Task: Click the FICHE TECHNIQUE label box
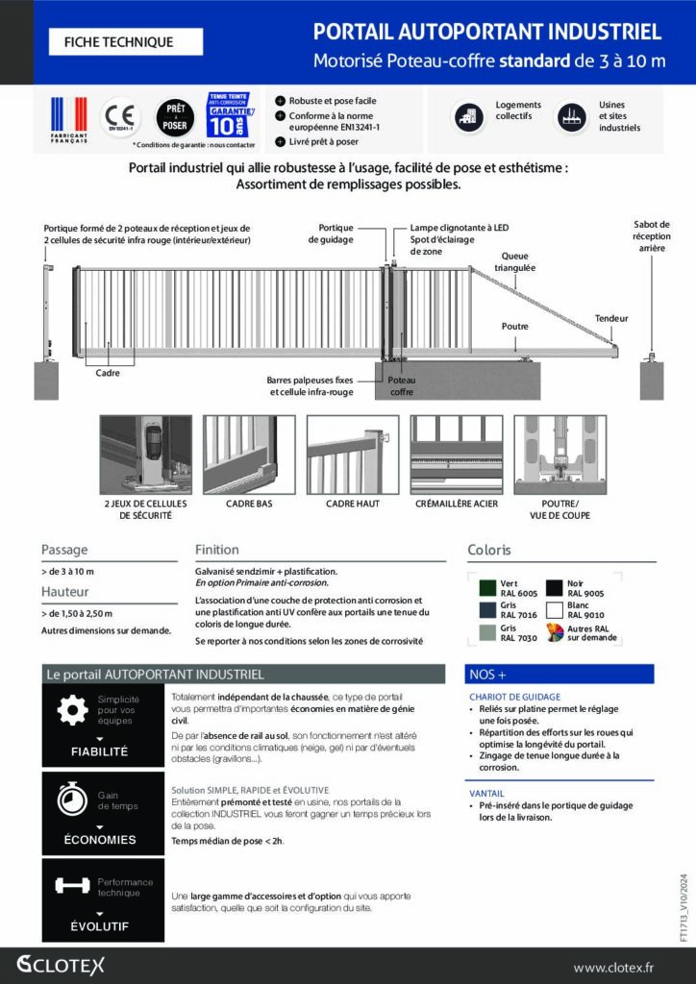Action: pos(125,42)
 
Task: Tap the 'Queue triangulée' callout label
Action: pos(516,261)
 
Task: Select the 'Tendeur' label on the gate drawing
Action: pos(610,317)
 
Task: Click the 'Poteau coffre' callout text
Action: pos(402,385)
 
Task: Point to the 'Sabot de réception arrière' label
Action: pos(652,235)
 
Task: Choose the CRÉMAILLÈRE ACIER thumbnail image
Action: pos(457,455)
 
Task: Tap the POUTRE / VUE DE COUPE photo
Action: pos(560,455)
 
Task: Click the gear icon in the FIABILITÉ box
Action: pos(72,710)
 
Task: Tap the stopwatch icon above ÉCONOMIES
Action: pos(72,799)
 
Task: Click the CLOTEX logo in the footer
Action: pos(61,965)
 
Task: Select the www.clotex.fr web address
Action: pos(626,967)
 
